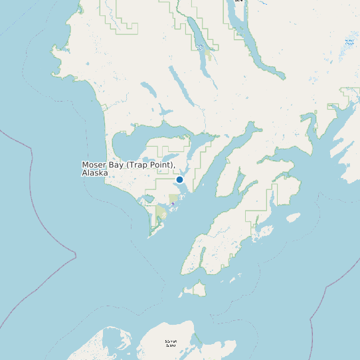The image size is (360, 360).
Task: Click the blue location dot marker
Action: pos(179,179)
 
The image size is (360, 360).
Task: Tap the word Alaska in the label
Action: pos(95,173)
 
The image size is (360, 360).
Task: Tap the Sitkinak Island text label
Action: pos(171,343)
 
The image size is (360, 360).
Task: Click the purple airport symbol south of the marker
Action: pos(173,203)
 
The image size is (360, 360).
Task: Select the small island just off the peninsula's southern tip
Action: pos(195,289)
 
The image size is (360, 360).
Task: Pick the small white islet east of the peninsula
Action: pos(293,217)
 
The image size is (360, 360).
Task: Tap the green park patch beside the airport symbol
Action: pos(174,198)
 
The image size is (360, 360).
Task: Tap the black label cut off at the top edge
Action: pos(239,1)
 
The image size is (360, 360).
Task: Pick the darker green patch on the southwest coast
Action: pos(161,214)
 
